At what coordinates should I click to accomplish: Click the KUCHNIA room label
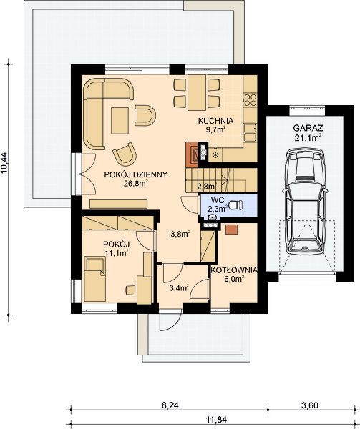coord(215,121)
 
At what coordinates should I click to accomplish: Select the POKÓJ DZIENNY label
coord(136,174)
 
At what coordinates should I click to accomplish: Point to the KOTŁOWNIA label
coord(234,270)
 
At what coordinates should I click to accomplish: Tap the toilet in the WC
coord(235,204)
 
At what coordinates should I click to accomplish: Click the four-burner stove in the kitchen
coord(250,99)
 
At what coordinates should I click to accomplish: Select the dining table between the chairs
coord(197,92)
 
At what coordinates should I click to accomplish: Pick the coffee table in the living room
coord(120,121)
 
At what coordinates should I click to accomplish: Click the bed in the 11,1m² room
coord(94,279)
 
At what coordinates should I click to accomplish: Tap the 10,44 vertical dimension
coord(5,163)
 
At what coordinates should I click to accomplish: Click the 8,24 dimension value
coord(170,405)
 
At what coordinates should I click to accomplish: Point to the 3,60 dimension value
coord(310,405)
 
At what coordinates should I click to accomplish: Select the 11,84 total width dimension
coord(216,419)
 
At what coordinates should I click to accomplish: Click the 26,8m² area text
coord(136,184)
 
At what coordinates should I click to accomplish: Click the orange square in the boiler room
coord(232,230)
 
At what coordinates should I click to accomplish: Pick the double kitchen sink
coord(250,133)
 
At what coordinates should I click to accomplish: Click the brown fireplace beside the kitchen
coord(192,154)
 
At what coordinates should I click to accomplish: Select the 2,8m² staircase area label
coord(208,187)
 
